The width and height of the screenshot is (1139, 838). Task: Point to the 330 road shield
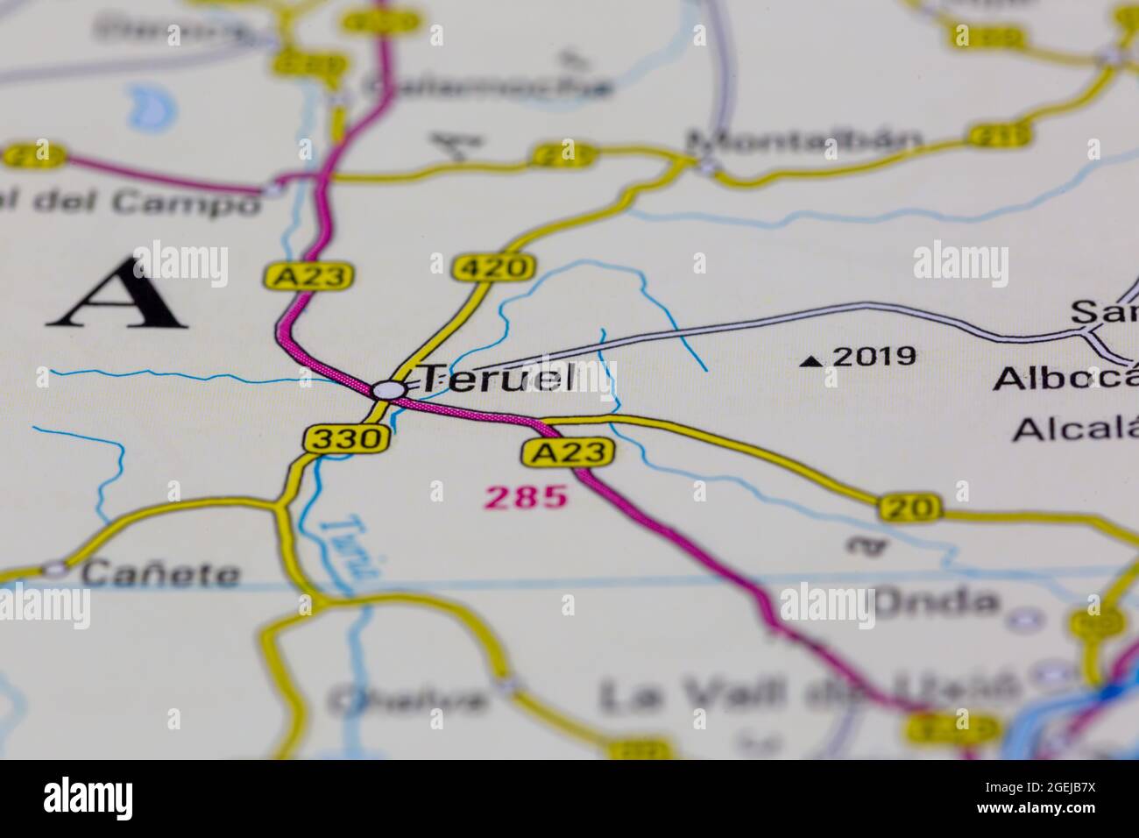pyautogui.click(x=346, y=438)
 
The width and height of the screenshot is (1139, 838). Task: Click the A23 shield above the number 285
pyautogui.click(x=567, y=452)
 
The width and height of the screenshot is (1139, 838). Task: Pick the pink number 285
pyautogui.click(x=526, y=498)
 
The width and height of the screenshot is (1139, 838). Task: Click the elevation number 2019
pyautogui.click(x=874, y=357)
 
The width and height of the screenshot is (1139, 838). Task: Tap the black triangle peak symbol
pyautogui.click(x=814, y=359)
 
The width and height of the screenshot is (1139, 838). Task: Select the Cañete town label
pyautogui.click(x=160, y=574)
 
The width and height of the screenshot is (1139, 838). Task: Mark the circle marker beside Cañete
pyautogui.click(x=57, y=569)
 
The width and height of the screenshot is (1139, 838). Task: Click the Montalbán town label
pyautogui.click(x=804, y=140)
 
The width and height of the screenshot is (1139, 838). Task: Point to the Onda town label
pyautogui.click(x=936, y=602)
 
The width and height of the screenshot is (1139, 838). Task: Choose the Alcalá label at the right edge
pyautogui.click(x=1075, y=430)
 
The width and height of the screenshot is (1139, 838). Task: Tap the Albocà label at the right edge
pyautogui.click(x=1065, y=379)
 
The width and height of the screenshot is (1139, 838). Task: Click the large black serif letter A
pyautogui.click(x=119, y=294)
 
